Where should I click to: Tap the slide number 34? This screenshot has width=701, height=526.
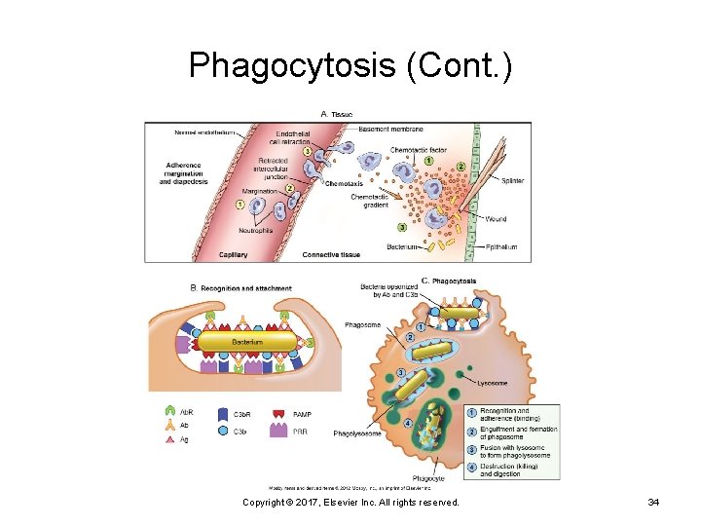[x=653, y=503]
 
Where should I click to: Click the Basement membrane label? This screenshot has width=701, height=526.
[x=390, y=129]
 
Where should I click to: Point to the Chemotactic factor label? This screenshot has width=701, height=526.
[x=417, y=150]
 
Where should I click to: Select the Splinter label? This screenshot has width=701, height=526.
[x=513, y=181]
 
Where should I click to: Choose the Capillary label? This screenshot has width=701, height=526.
[x=233, y=255]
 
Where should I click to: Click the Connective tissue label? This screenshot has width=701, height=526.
[x=332, y=255]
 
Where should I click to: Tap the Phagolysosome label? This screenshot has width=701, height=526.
[x=356, y=432]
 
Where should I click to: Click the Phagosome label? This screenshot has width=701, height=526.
[x=363, y=324]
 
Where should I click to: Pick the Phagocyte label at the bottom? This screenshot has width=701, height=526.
[x=427, y=478]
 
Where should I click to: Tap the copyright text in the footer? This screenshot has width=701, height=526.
[x=350, y=503]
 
